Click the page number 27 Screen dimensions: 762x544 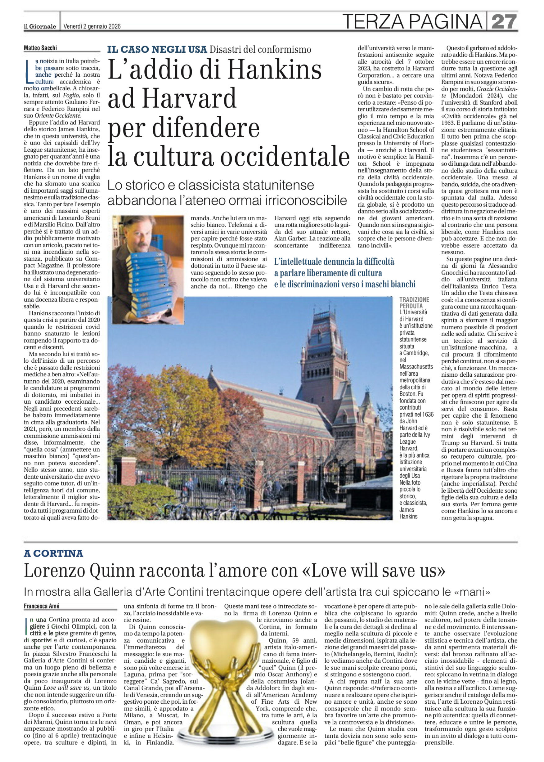tap(504, 21)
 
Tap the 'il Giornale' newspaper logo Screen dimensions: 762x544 tap(40, 26)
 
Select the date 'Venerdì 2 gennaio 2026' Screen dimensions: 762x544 tap(92, 26)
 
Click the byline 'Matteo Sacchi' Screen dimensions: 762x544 tap(40, 48)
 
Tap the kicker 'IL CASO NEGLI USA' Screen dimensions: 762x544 tap(157, 50)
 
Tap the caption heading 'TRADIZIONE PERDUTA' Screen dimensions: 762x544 tap(414, 303)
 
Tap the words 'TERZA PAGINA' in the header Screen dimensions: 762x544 tap(412, 21)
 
